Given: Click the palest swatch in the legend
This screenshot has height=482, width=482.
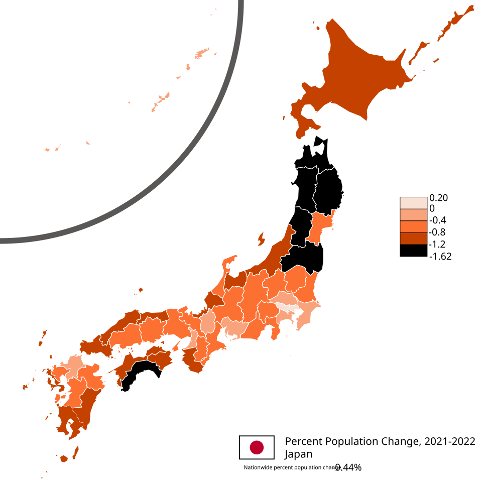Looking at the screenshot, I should (413, 203).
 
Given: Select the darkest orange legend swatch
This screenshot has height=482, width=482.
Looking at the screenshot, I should (413, 238).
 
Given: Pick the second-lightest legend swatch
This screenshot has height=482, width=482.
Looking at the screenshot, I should (413, 215).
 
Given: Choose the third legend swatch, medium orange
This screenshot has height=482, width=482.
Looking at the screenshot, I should (413, 226).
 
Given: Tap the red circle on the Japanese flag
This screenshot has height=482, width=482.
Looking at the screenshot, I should (257, 447).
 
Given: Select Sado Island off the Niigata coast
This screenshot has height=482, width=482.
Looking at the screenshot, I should (261, 238).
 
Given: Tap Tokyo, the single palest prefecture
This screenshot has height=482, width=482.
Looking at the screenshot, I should (284, 306).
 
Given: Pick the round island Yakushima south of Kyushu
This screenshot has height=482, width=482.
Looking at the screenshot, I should (64, 459).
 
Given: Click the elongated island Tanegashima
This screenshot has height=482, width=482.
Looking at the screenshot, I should (76, 452).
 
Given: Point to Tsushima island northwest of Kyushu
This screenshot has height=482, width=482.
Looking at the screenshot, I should (43, 337).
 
